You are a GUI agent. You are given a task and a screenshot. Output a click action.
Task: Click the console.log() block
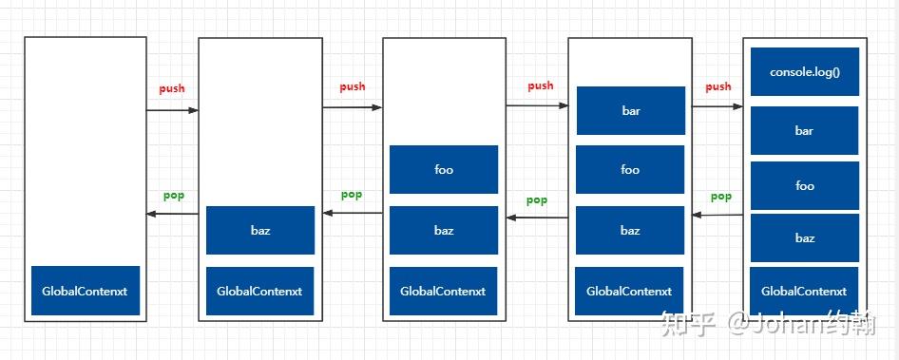pos(805,71)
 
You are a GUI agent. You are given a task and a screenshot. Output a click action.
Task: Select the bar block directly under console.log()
pos(805,131)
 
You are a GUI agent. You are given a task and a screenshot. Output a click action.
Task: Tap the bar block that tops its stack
pos(631,111)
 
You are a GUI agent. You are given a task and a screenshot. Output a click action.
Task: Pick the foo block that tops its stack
pos(444,170)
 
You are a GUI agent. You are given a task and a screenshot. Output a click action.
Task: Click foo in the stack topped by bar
pos(630,170)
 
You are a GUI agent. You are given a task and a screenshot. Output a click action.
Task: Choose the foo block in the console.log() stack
pos(805,186)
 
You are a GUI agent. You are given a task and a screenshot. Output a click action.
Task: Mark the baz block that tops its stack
pos(260,231)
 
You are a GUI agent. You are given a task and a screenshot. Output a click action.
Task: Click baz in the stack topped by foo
pos(444,231)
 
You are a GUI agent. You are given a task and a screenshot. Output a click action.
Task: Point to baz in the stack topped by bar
pos(630,231)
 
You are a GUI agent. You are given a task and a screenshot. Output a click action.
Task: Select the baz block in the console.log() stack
pos(805,237)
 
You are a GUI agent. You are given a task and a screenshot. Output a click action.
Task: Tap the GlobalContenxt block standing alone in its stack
pos(86,292)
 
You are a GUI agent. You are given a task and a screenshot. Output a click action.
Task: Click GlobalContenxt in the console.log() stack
pos(805,292)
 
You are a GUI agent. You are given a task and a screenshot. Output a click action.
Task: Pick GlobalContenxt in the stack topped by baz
pos(260,292)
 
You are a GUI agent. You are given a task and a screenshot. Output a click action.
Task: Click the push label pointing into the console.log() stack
pos(718,86)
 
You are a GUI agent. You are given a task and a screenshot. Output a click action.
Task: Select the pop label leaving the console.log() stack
pos(721,197)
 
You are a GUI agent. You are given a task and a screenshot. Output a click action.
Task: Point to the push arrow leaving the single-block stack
pos(172,110)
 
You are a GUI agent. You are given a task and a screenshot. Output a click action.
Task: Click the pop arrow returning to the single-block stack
pos(172,215)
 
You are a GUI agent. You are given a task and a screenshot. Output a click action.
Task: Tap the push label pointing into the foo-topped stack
pos(353,86)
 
